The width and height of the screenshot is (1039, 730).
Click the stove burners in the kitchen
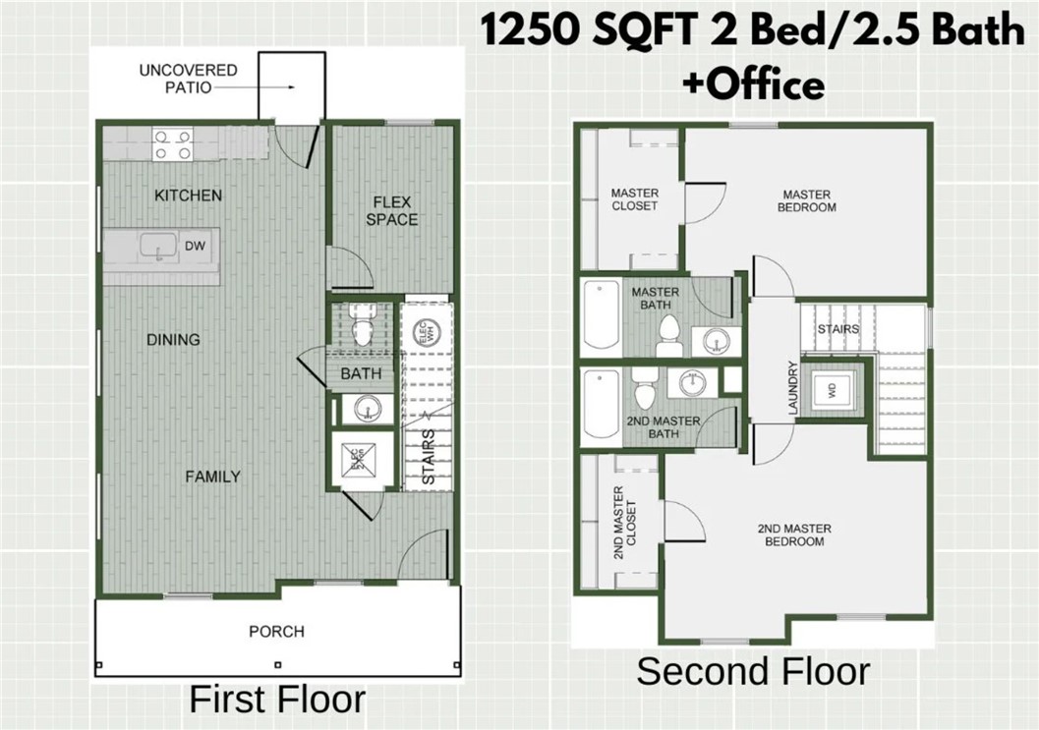171,145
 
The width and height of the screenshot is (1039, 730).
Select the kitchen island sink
156,247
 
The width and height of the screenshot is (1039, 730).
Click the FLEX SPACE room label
392,211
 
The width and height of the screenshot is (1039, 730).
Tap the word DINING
173,340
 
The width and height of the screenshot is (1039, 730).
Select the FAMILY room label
212,477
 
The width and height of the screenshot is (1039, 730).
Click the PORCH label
276,632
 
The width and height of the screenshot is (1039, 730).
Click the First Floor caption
276,700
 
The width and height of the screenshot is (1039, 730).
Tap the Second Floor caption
752,672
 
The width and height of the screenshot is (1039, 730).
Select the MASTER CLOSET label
634,199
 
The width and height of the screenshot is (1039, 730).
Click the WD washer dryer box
832,388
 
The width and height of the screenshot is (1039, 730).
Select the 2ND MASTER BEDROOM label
794,535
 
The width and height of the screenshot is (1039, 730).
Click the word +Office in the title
753,84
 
